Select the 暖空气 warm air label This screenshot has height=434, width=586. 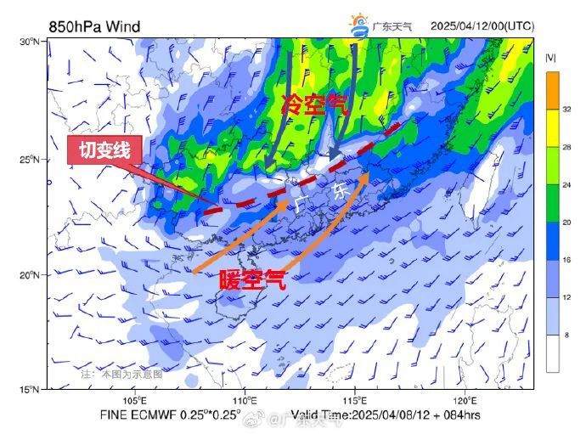tap(252, 280)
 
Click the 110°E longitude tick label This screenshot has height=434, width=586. tap(245, 400)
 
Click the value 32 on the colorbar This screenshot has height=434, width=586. tap(567, 109)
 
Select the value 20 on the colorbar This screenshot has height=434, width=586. tap(567, 223)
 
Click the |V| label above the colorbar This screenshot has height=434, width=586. tap(551, 59)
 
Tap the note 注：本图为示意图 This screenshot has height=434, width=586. tap(121, 374)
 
